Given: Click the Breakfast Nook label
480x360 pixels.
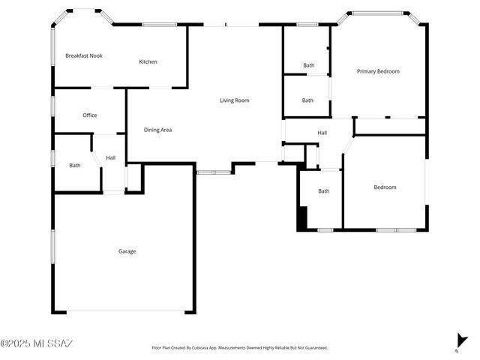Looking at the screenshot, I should pos(83,56).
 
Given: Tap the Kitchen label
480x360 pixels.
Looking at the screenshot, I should pos(148,61).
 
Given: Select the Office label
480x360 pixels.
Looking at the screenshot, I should pos(90,115).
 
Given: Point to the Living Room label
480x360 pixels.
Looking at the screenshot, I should pos(234,100).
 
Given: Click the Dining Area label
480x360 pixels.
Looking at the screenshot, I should pos(157,130).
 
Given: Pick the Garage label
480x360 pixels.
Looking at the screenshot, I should pos(127,251).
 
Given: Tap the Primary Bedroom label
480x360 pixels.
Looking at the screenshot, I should pos(378,71).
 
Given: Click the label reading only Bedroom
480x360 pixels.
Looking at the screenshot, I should pos(385,187).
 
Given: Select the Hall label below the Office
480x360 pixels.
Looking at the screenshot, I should pos(110,157).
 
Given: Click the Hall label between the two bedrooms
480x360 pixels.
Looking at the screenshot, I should pos(322,133).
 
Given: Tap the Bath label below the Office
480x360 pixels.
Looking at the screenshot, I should pos(75,165).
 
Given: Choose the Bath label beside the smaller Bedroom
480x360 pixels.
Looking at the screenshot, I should pos(323,191).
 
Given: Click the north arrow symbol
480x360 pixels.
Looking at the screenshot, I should pos(460,341).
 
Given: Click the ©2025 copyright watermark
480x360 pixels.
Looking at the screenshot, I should pos(37,343).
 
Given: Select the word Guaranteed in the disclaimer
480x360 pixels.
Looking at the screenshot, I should pos(313,348).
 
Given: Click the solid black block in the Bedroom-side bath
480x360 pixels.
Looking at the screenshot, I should pos(302,220).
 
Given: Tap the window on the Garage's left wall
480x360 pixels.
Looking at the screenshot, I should pos(52,246).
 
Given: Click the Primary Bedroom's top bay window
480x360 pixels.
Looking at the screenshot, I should pos(378,13).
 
